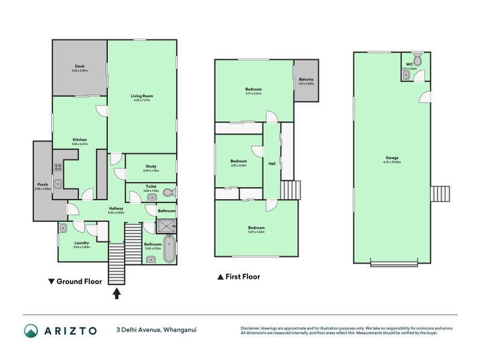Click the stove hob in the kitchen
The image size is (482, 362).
[59, 168]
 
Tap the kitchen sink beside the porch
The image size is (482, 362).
[58, 184]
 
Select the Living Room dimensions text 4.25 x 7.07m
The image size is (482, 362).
[142, 100]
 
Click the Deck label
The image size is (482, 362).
[79, 66]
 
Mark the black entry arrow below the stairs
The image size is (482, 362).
[117, 293]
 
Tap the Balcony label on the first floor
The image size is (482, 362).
[306, 79]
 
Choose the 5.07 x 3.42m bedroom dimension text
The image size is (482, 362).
[256, 232]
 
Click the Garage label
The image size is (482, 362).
[392, 159]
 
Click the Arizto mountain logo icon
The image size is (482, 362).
[31, 330]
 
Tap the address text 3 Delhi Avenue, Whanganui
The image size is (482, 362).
[157, 330]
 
